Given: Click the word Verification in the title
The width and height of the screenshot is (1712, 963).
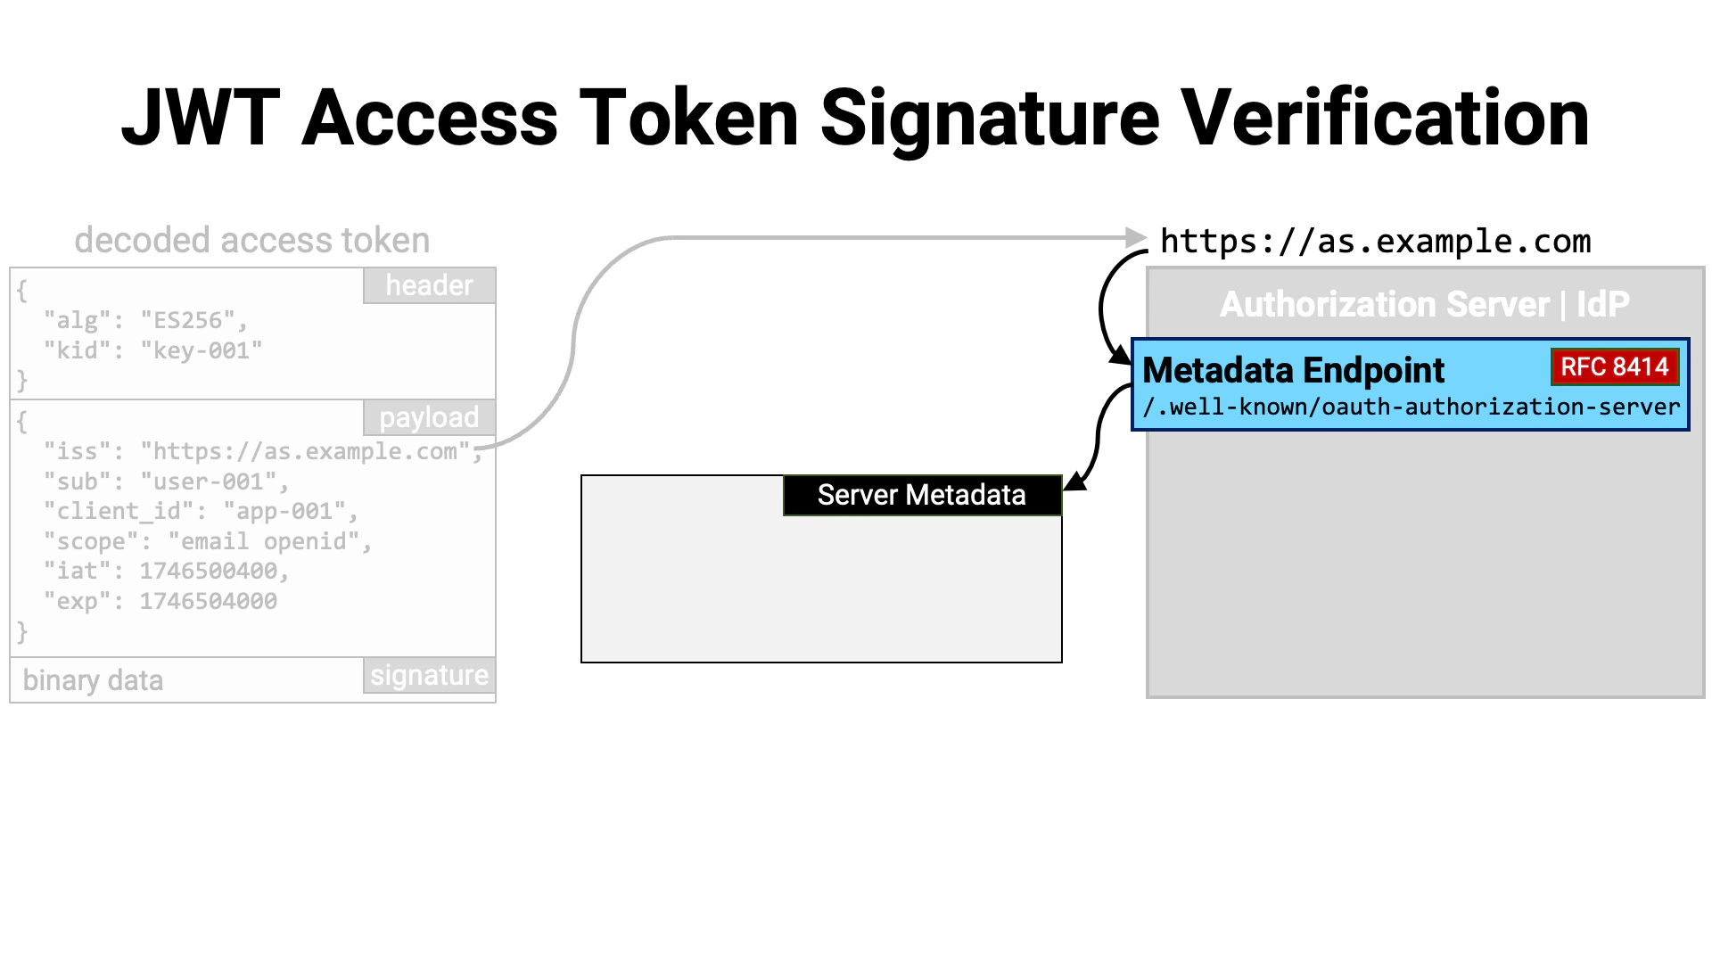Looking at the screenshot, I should click(1385, 119).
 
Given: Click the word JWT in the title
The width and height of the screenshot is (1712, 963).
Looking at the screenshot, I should click(201, 119).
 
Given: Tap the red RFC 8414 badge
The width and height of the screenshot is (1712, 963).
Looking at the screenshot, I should click(1614, 366).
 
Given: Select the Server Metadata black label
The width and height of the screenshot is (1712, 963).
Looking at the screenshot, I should click(921, 495).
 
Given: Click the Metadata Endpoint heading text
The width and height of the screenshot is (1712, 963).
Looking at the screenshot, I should click(1293, 370).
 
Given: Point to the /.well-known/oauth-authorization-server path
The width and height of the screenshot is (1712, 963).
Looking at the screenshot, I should click(1411, 407).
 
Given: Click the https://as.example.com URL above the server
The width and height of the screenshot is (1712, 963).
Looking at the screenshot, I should click(1375, 242).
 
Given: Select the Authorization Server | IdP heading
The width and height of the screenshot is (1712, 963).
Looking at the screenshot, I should click(1424, 304).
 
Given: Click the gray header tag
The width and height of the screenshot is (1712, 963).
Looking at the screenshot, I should click(429, 285).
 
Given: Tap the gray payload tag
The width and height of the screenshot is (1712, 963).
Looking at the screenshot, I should click(429, 417).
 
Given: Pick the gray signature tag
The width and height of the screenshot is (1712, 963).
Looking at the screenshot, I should click(429, 676).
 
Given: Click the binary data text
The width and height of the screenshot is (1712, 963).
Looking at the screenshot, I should click(93, 680).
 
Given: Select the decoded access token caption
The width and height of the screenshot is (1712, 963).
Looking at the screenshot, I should click(251, 241).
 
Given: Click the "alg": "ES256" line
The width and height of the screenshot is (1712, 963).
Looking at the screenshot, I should click(145, 320).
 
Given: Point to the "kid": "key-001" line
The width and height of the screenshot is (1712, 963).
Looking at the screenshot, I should click(152, 350).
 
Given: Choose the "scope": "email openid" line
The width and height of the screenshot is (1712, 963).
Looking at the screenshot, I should click(207, 541).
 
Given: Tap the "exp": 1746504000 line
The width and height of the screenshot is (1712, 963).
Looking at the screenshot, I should click(160, 601).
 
